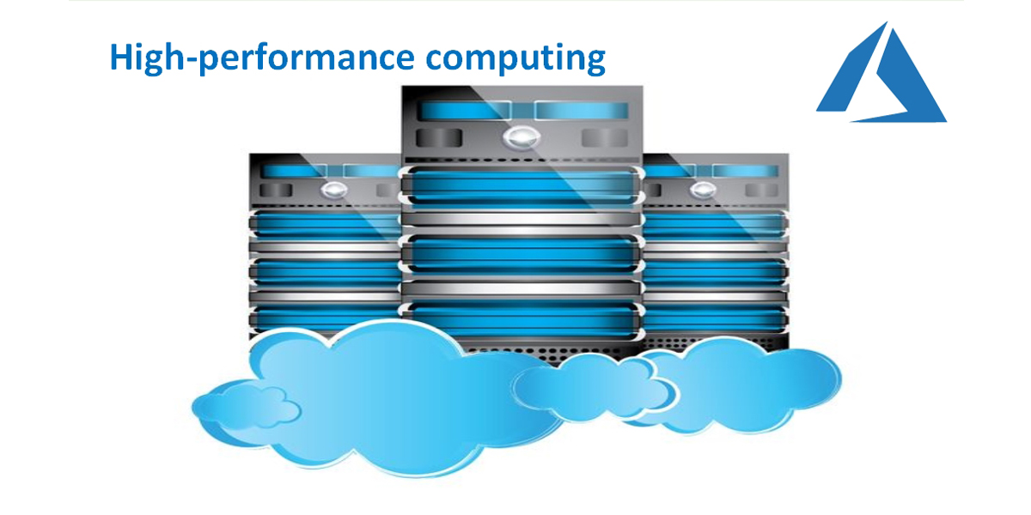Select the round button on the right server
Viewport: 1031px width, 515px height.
coord(704,190)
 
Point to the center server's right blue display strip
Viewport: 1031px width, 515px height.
coord(582,111)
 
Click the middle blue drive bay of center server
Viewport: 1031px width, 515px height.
coord(522,255)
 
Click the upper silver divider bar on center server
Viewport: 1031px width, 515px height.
coord(522,221)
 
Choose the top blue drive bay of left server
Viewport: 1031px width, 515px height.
coord(324,226)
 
